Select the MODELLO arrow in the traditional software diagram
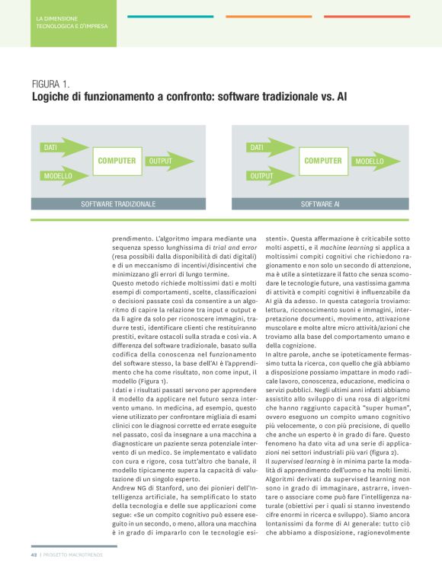[x=63, y=176]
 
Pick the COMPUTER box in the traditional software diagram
[x=117, y=161]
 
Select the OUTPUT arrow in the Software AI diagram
[x=271, y=176]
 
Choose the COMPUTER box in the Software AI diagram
[x=323, y=161]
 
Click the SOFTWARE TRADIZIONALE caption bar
[x=118, y=204]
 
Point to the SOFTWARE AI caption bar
[x=320, y=204]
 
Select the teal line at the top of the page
[x=170, y=16]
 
